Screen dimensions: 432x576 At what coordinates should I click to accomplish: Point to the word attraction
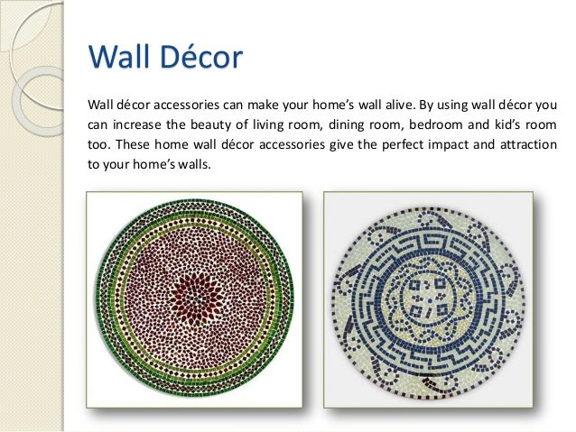coord(525,144)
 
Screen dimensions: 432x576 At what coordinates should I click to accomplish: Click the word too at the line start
coord(97,144)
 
